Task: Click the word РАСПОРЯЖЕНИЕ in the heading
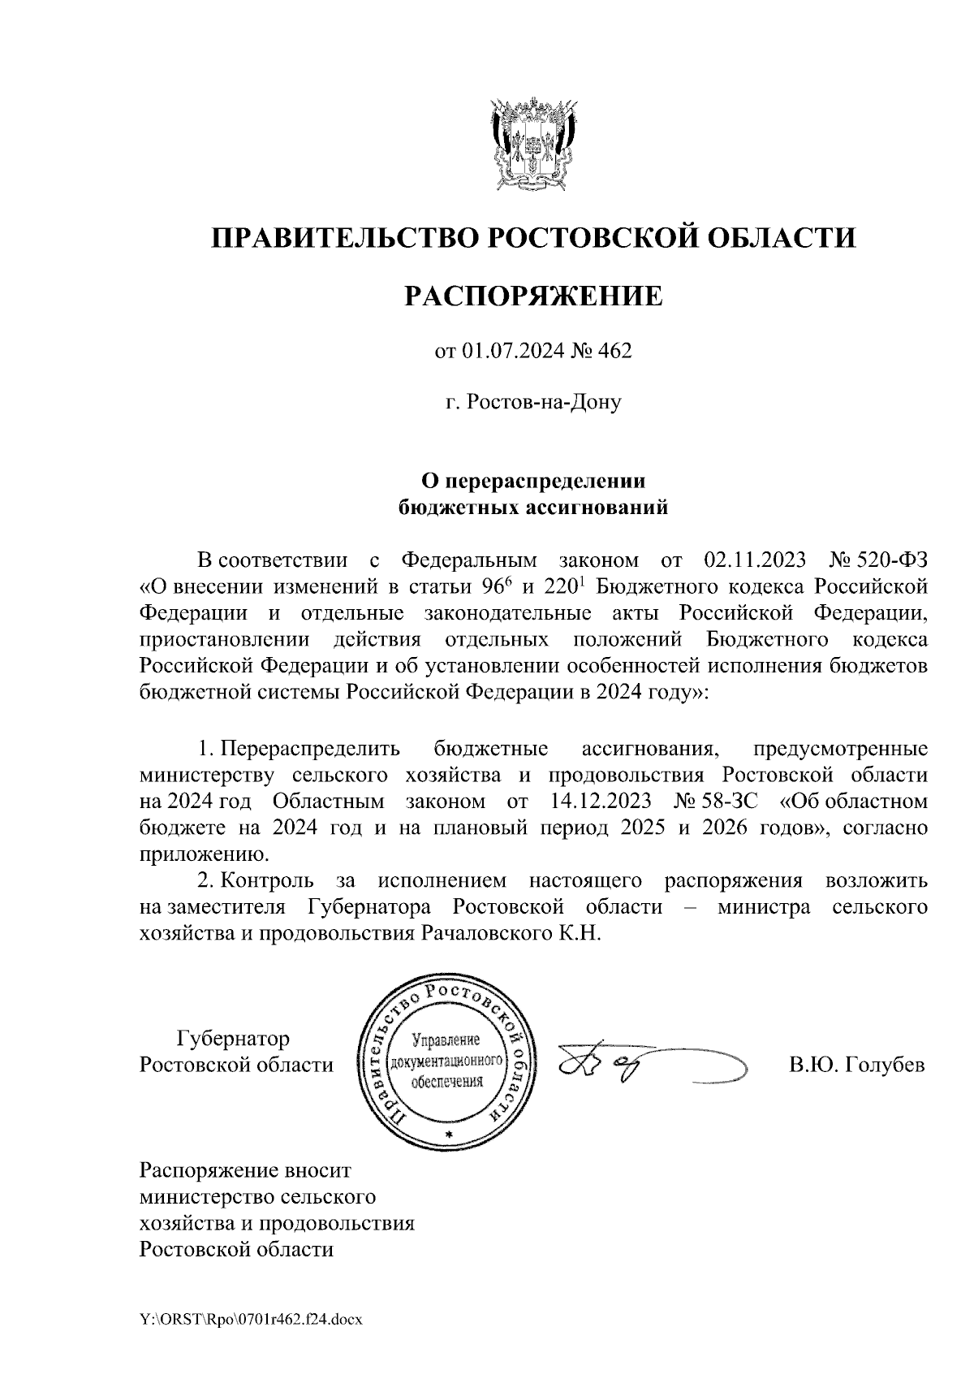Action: click(533, 296)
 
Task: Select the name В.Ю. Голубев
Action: click(857, 1065)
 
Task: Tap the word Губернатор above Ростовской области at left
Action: click(233, 1039)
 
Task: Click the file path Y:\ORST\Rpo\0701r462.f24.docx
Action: click(250, 1320)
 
